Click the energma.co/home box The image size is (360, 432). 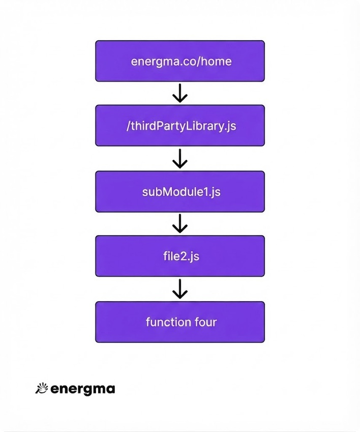(180, 61)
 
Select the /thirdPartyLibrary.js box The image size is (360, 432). (180, 125)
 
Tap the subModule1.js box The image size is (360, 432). (180, 191)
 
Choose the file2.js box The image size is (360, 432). (180, 256)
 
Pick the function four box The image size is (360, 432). (180, 322)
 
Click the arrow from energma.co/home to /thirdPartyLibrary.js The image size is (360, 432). (180, 93)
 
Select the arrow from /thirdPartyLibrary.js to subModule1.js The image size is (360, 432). (180, 158)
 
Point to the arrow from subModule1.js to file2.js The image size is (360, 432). (180, 224)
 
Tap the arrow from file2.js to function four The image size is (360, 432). (180, 289)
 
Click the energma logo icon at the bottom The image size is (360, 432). (42, 388)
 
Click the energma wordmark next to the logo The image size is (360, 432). (83, 389)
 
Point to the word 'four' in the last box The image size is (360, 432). (205, 322)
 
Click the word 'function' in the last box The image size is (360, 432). (168, 322)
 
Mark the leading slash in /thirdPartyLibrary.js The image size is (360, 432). (128, 126)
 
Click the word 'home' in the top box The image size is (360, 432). (216, 61)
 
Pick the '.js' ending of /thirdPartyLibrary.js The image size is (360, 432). (229, 127)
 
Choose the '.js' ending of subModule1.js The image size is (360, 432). (215, 192)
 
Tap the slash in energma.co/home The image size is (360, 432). (199, 61)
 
